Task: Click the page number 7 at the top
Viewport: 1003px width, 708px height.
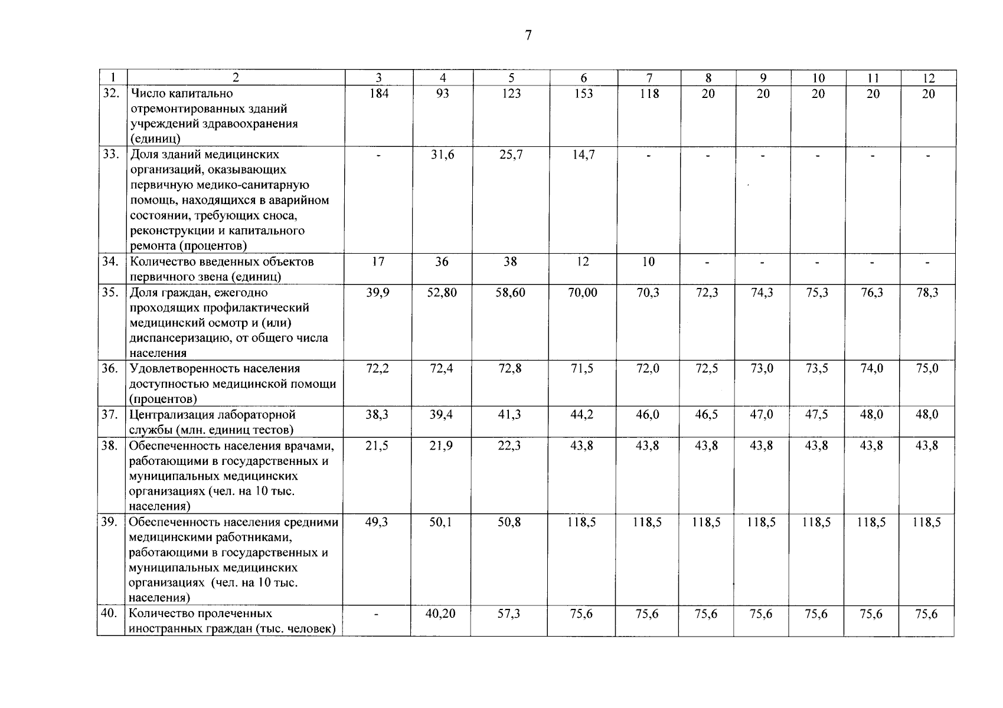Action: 528,35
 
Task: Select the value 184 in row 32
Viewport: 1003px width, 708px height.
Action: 378,93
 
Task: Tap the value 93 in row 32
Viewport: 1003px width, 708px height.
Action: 442,93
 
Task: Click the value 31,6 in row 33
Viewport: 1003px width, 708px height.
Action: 442,155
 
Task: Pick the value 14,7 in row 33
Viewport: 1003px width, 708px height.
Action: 583,155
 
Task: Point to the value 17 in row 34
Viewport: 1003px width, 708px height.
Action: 378,262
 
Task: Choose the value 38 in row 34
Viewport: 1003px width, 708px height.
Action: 510,262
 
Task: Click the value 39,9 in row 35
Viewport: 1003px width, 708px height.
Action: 377,293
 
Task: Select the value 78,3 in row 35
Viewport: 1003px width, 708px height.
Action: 927,293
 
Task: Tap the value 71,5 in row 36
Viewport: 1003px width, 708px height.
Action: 583,369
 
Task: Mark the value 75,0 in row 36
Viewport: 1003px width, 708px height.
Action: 927,369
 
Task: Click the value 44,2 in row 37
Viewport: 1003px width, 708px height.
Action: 583,415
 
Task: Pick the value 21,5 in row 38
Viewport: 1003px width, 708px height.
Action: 377,445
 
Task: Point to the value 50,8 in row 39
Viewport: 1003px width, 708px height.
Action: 509,522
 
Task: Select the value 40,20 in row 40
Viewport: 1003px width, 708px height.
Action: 440,614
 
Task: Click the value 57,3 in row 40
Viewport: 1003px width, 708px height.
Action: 509,614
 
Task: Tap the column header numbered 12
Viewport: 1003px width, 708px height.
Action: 929,78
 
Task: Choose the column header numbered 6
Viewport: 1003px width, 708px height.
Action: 584,78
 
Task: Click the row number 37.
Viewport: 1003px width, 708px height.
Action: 109,414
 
